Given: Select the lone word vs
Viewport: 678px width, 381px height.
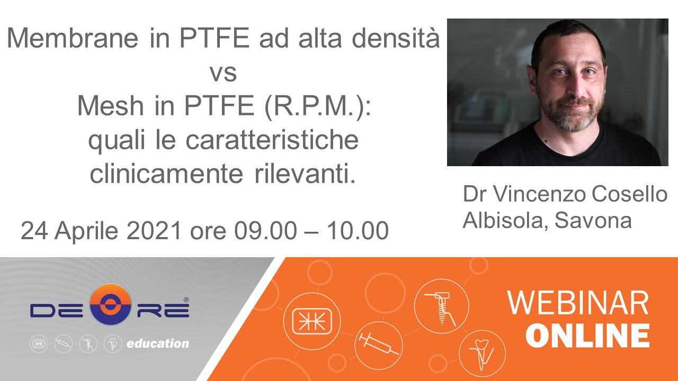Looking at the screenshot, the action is point(224,74).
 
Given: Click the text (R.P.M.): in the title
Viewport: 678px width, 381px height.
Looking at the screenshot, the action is point(318,106).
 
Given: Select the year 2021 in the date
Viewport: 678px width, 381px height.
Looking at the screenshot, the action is point(154,230).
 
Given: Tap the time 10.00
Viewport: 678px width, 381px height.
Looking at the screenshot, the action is point(358,230).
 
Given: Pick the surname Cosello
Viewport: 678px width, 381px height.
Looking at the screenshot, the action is point(630,194).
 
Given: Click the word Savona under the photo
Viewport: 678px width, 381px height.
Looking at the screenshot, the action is point(593,220).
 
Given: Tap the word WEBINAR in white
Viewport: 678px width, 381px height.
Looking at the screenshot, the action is point(577,303).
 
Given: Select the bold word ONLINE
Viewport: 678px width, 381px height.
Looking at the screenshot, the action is point(587,335).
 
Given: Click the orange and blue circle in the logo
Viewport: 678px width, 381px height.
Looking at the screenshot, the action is point(111,304).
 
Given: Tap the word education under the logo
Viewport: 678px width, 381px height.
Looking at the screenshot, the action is point(158,343).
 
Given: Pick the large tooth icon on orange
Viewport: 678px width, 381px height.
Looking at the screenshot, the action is point(481,355).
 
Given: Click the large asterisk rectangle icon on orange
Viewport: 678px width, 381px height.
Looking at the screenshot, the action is point(312,321).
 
